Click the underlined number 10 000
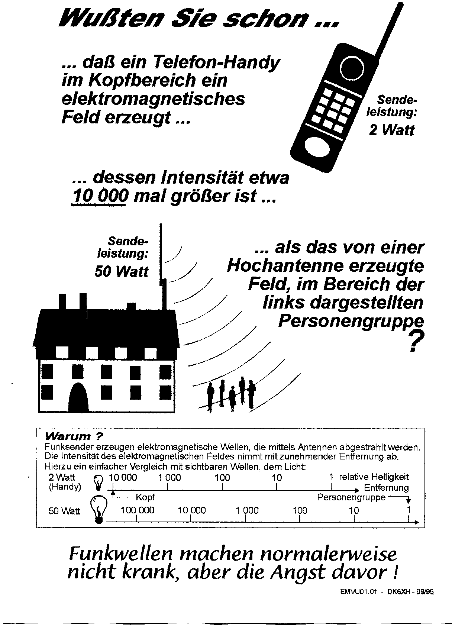(99, 196)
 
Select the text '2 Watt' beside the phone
(391, 130)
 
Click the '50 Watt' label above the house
(121, 271)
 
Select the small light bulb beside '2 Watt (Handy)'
(99, 482)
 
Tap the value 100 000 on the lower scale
(138, 510)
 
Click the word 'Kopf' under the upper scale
(145, 497)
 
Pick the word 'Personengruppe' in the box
(351, 497)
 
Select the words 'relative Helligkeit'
(374, 477)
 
